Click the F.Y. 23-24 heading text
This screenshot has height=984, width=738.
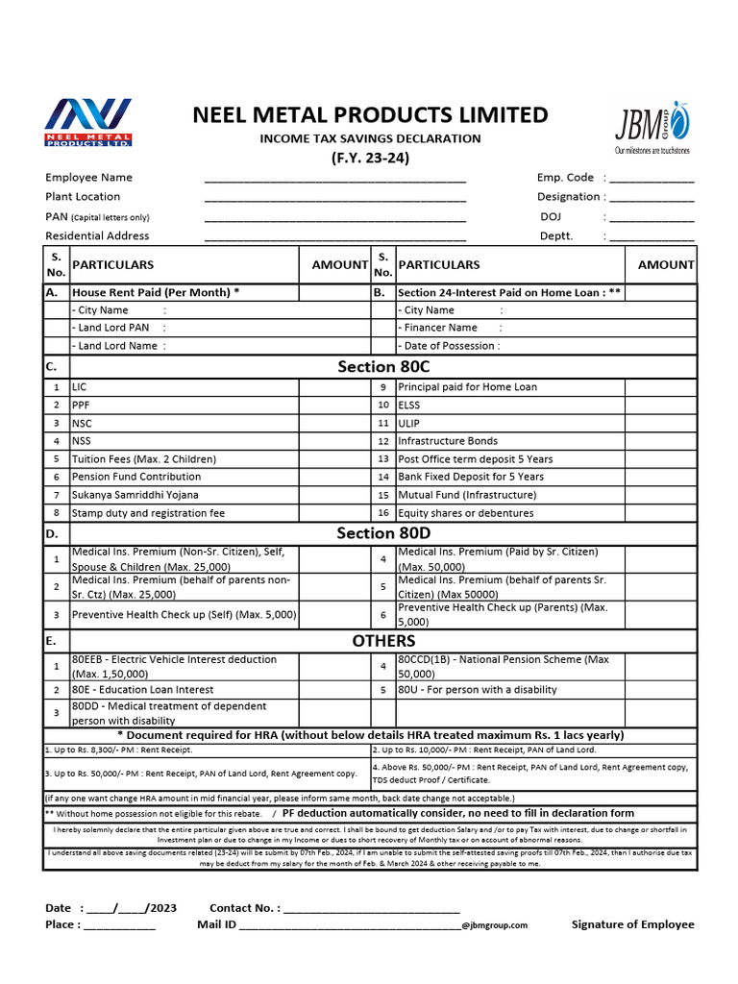click(370, 159)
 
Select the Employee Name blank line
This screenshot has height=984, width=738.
click(334, 180)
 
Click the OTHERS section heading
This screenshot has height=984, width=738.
click(383, 641)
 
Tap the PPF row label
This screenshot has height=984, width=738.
click(82, 406)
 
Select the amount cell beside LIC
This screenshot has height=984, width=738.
click(334, 387)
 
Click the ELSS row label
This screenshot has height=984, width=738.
click(409, 406)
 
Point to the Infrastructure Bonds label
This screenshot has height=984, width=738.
click(448, 441)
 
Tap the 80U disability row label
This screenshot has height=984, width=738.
click(477, 690)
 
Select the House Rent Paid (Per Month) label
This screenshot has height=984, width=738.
click(156, 292)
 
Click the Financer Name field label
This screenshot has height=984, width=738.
click(440, 328)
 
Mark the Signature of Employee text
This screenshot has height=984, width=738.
click(632, 924)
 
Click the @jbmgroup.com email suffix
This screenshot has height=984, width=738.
click(494, 925)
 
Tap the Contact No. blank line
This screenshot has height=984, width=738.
click(372, 908)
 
